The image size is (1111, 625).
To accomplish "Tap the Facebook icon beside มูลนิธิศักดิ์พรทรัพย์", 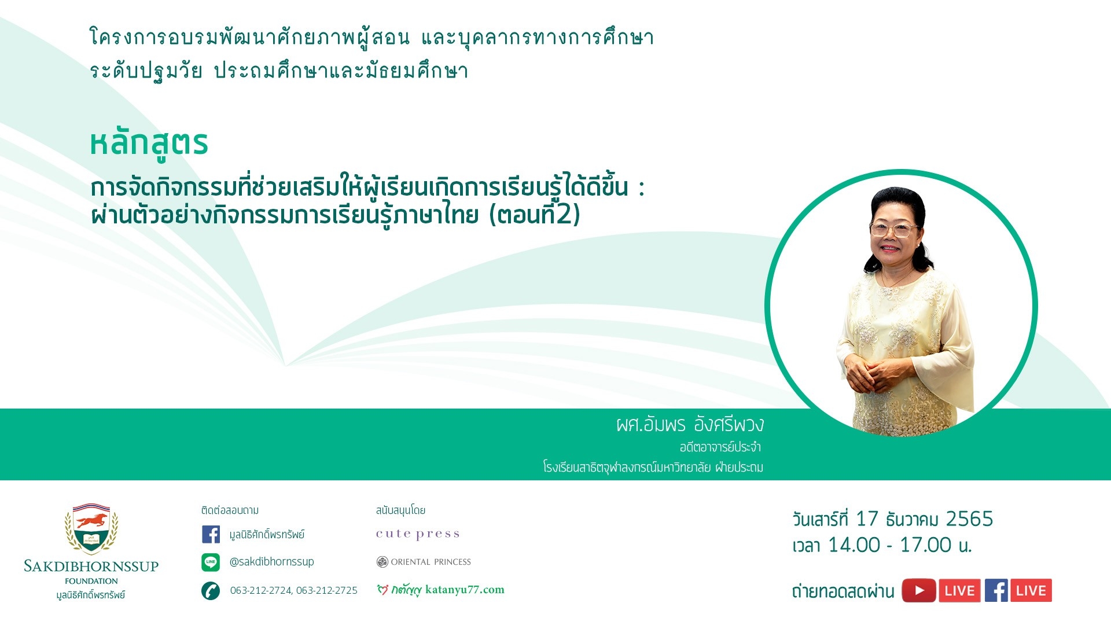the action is [211, 534].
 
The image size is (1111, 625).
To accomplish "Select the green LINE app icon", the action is [211, 562].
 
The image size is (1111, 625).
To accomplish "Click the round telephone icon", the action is [211, 591].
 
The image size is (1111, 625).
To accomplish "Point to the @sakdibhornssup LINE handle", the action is [272, 561].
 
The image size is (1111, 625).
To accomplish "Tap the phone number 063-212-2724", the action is [261, 590].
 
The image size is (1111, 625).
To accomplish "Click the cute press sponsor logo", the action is [418, 534].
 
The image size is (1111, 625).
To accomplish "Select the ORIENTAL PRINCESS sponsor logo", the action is [424, 562].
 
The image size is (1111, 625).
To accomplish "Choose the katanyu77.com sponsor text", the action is [465, 590].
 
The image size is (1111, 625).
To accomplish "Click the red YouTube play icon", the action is [919, 591].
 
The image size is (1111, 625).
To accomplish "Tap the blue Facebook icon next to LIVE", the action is [996, 591].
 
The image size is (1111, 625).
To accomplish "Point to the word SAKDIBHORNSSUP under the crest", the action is [91, 566].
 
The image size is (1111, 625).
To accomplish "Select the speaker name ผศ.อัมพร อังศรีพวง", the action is [690, 425].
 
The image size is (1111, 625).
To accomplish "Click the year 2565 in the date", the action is [969, 519].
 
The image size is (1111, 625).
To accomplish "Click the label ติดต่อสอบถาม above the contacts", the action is [230, 510].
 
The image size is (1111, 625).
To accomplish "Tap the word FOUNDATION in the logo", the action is [91, 581].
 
